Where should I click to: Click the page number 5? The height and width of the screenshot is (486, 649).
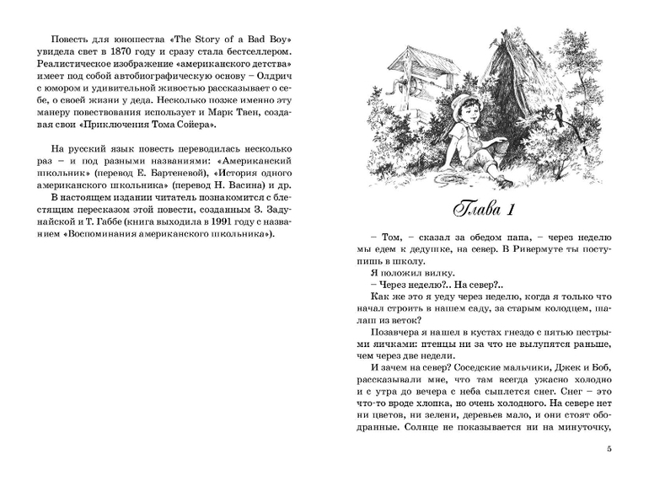tap(609, 472)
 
